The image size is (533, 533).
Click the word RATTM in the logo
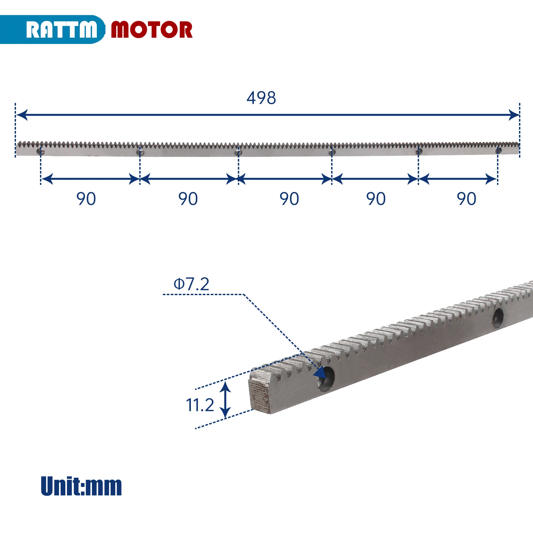pyautogui.click(x=62, y=30)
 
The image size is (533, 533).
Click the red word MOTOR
pyautogui.click(x=152, y=30)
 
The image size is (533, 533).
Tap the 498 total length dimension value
pyautogui.click(x=261, y=98)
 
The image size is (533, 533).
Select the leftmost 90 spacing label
pyautogui.click(x=86, y=199)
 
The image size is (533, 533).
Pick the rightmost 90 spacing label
pyautogui.click(x=466, y=199)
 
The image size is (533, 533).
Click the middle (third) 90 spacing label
pyautogui.click(x=289, y=199)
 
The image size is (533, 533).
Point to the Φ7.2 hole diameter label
pyautogui.click(x=192, y=284)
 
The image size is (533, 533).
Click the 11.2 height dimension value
pyautogui.click(x=200, y=405)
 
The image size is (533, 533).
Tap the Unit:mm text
pyautogui.click(x=81, y=486)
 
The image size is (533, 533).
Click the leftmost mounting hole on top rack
pyautogui.click(x=40, y=152)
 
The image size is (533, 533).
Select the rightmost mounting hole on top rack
pyautogui.click(x=498, y=151)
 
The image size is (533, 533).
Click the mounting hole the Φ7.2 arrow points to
pyautogui.click(x=326, y=379)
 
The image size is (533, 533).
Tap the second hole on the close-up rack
pyautogui.click(x=498, y=318)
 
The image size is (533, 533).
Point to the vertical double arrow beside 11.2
pyautogui.click(x=226, y=400)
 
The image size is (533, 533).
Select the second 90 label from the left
pyautogui.click(x=188, y=199)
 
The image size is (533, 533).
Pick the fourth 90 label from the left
pyautogui.click(x=376, y=199)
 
